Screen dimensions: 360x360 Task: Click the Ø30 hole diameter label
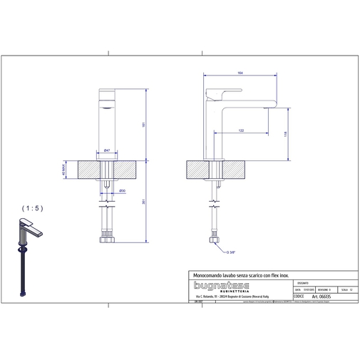point(122,191)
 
